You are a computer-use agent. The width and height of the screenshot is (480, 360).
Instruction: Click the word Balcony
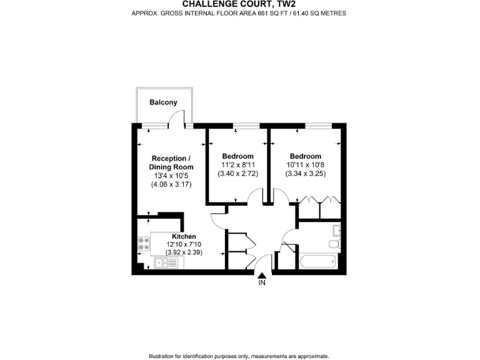click(163, 102)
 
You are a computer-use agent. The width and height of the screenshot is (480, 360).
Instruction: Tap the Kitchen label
click(184, 236)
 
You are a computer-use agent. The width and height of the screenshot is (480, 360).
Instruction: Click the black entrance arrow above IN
click(262, 275)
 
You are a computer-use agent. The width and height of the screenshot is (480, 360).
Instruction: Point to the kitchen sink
click(166, 263)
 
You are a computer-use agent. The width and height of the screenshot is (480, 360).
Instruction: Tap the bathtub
click(318, 261)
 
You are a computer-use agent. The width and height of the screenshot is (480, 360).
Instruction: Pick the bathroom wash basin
click(337, 229)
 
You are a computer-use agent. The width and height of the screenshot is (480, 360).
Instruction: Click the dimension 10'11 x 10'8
click(306, 165)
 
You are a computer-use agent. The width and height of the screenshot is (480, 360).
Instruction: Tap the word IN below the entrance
click(262, 283)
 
